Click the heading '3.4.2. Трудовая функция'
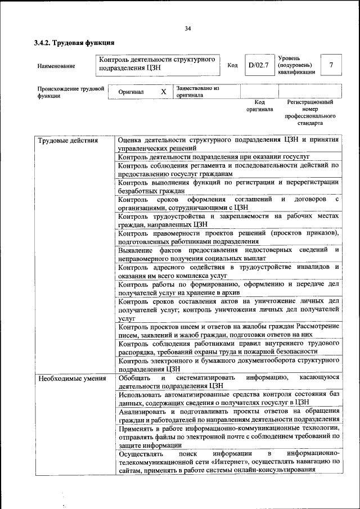click(74, 43)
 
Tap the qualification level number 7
click(331, 65)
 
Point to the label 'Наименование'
click(56, 66)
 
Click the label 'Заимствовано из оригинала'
click(197, 92)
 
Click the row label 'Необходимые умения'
click(72, 378)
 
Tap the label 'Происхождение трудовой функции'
click(71, 92)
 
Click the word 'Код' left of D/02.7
click(232, 66)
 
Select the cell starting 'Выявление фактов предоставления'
click(228, 253)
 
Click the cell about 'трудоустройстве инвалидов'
click(228, 271)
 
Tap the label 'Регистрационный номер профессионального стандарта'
click(310, 112)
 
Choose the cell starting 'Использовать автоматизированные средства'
click(228, 398)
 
